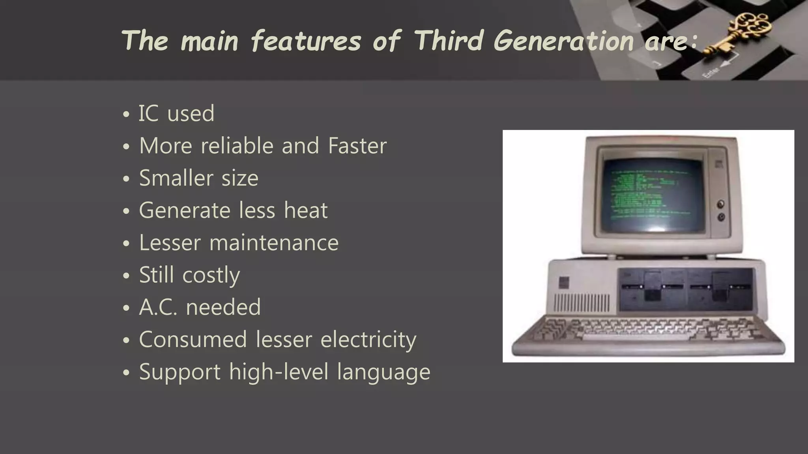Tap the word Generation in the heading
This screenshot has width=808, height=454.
point(563,41)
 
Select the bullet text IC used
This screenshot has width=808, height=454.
point(176,113)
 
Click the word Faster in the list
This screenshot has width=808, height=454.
point(357,146)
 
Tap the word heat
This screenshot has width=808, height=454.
point(306,210)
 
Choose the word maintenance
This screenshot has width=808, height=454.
point(274,243)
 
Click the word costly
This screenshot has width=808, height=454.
point(211,275)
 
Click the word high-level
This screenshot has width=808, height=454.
point(279,372)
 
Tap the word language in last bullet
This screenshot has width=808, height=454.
point(383,372)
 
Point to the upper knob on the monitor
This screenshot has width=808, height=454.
point(721,204)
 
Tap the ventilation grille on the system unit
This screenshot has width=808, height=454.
point(582,302)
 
